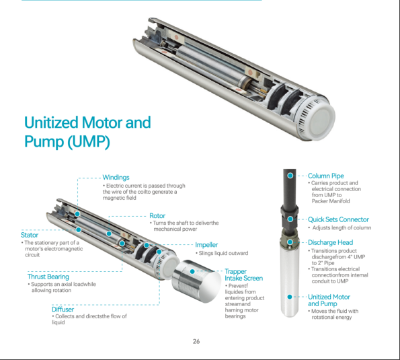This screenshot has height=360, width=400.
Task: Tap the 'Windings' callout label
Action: (116, 177)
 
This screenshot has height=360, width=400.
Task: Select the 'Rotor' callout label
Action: (157, 216)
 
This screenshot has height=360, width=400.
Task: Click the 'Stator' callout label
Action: (30, 236)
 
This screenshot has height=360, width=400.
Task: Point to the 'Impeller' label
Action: (206, 245)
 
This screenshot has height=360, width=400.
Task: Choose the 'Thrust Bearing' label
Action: (48, 277)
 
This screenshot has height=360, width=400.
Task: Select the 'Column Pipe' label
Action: (325, 176)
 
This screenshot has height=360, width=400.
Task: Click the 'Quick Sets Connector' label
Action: (338, 219)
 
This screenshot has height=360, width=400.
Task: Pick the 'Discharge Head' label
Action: (330, 242)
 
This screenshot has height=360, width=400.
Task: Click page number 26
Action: (196, 341)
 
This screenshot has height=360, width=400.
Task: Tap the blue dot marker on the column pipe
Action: (290, 175)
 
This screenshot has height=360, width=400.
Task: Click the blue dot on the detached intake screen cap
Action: (193, 270)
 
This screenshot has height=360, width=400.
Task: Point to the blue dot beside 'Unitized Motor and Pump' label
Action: (290, 297)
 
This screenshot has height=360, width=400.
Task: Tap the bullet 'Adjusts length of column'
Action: (341, 228)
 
